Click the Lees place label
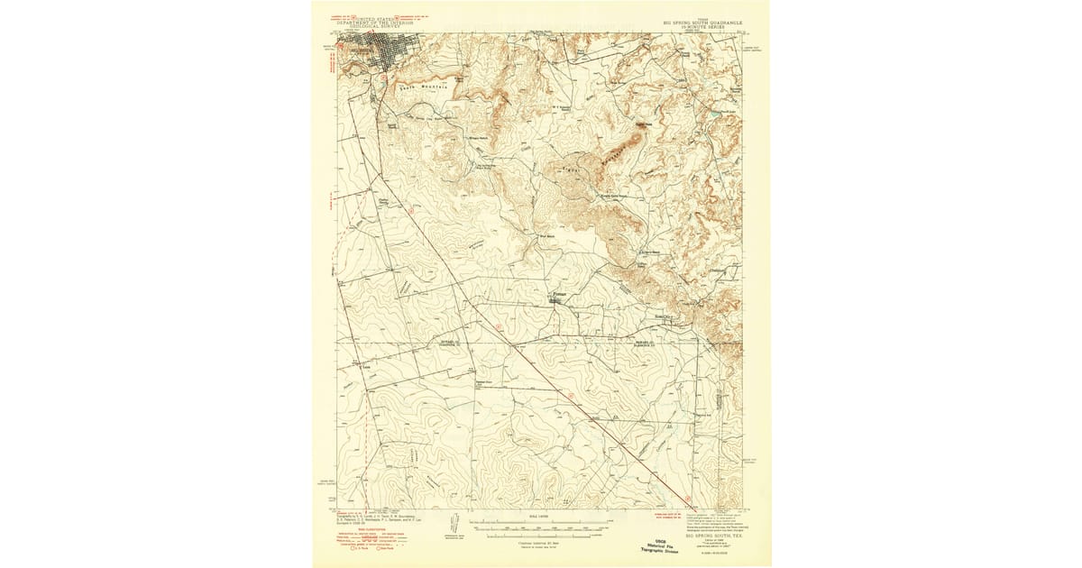tap(365, 367)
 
